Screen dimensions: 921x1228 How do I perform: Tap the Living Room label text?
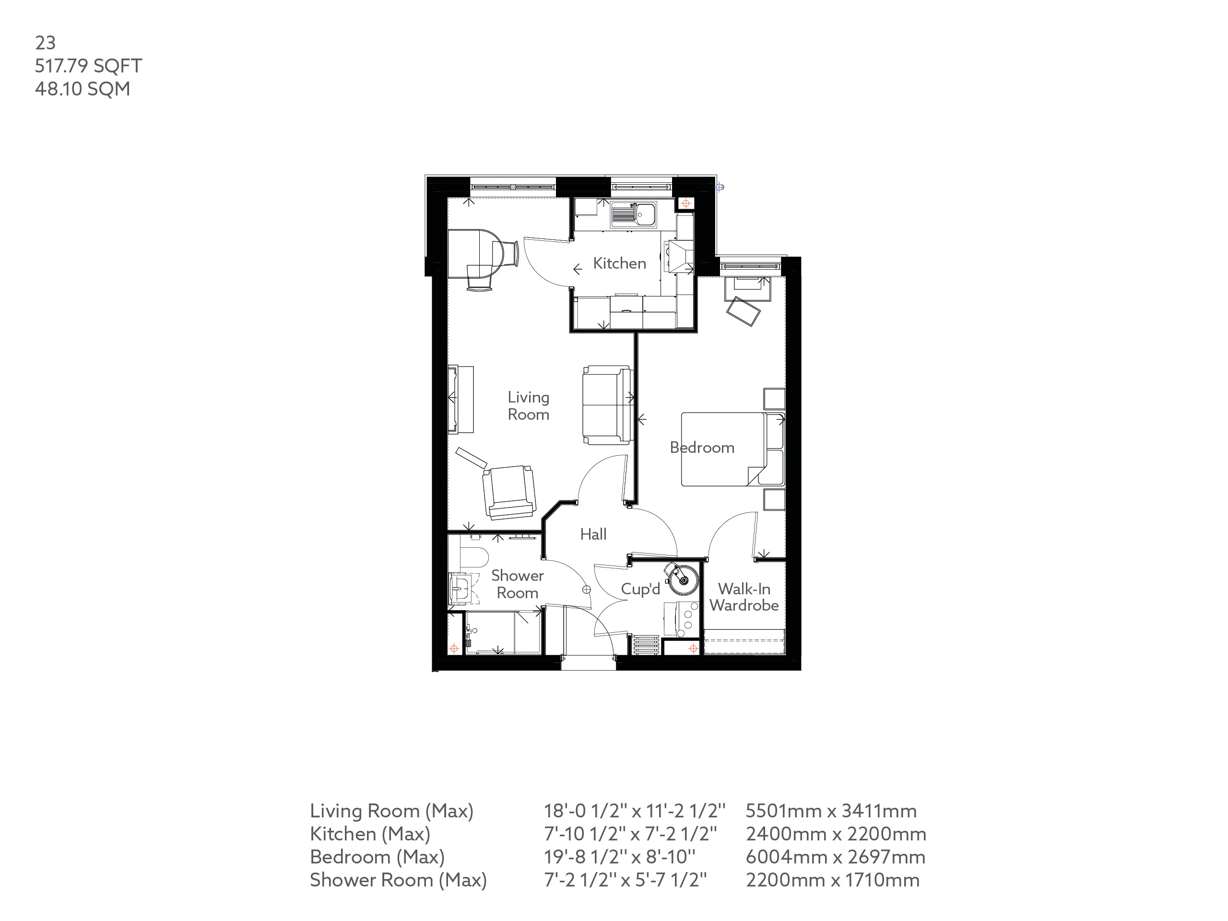point(528,406)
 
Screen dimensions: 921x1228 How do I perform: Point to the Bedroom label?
point(702,448)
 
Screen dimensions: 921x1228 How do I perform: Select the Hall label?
point(593,534)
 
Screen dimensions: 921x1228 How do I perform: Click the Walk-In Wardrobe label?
point(744,597)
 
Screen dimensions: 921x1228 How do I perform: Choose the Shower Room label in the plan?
point(517,584)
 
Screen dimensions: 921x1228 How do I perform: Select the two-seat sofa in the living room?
point(607,405)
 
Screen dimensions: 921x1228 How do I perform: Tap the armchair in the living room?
point(508,491)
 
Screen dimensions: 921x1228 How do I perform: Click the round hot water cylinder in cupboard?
point(684,579)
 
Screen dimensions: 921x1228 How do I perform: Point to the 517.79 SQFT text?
point(88,66)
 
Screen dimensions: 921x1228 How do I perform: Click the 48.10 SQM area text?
point(82,89)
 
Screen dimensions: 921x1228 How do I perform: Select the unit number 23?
point(45,43)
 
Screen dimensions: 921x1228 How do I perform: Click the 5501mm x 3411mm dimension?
point(830,811)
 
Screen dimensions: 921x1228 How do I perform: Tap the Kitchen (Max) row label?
point(370,834)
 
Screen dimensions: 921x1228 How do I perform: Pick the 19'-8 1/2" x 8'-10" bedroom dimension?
point(619,857)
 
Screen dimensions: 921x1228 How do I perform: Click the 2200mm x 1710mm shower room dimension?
point(832,880)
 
